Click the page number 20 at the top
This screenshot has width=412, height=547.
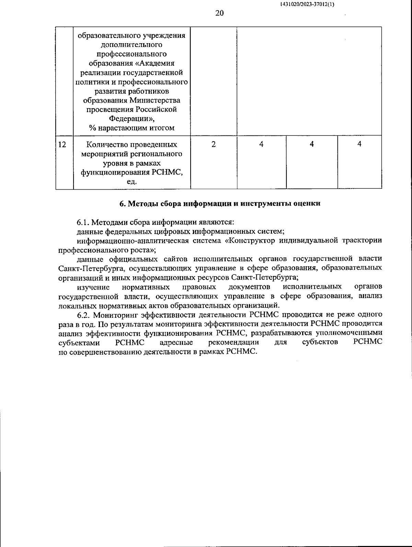pyautogui.click(x=219, y=13)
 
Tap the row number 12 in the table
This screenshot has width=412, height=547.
pyautogui.click(x=62, y=144)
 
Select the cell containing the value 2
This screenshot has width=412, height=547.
pyautogui.click(x=214, y=144)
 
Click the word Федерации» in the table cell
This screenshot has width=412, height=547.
pyautogui.click(x=132, y=119)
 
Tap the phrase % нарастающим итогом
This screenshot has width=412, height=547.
pyautogui.click(x=132, y=128)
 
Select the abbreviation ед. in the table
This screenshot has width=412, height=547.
pyautogui.click(x=132, y=182)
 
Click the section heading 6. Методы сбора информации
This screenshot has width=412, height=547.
pyautogui.click(x=220, y=203)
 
